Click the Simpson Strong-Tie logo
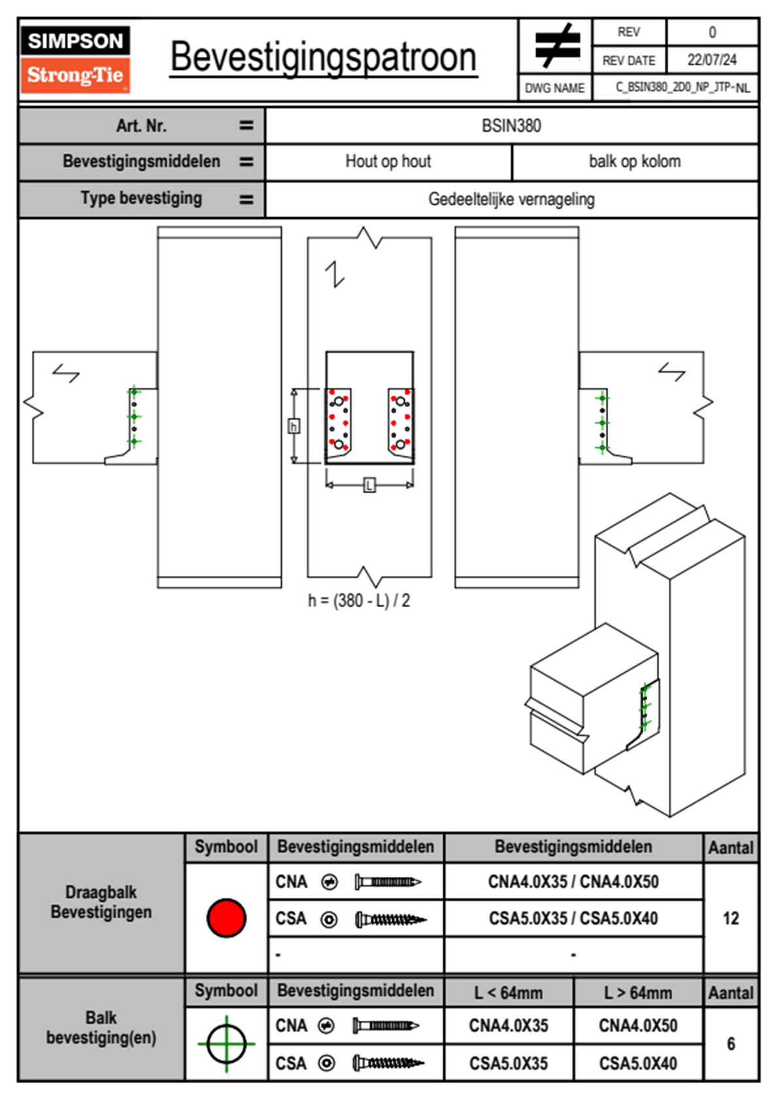pyautogui.click(x=75, y=60)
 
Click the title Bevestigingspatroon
pyautogui.click(x=324, y=58)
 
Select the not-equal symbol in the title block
pyautogui.click(x=556, y=46)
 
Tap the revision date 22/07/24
pyautogui.click(x=711, y=60)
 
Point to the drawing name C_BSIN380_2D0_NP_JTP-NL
pyautogui.click(x=682, y=88)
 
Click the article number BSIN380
pyautogui.click(x=511, y=126)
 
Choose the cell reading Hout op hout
pyautogui.click(x=388, y=162)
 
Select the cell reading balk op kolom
pyautogui.click(x=634, y=162)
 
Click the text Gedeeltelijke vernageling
pyautogui.click(x=511, y=199)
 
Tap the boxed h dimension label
pyautogui.click(x=294, y=426)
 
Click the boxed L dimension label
pyautogui.click(x=369, y=485)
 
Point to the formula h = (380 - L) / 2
pyautogui.click(x=359, y=600)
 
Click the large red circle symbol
pyautogui.click(x=226, y=918)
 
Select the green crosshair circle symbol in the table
pyautogui.click(x=226, y=1044)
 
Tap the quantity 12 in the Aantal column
pyautogui.click(x=731, y=918)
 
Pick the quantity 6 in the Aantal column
pyautogui.click(x=731, y=1044)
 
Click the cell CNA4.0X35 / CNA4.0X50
pyautogui.click(x=573, y=882)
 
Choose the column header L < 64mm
pyautogui.click(x=509, y=993)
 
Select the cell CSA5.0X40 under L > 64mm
pyautogui.click(x=638, y=1063)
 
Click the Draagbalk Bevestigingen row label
pyautogui.click(x=101, y=902)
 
